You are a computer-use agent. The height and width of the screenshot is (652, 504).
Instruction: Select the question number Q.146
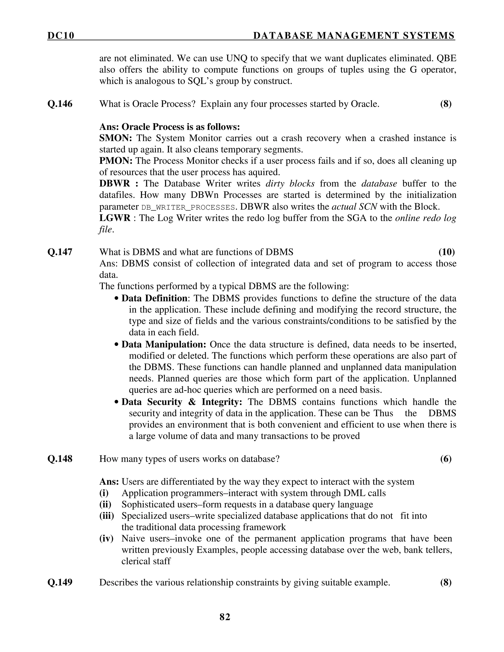point(60,104)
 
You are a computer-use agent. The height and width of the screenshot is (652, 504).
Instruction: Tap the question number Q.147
point(60,252)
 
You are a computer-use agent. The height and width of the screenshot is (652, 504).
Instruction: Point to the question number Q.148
point(60,459)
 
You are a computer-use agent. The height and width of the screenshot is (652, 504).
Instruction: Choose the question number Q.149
point(60,582)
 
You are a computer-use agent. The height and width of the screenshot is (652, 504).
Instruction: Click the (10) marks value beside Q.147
point(446,252)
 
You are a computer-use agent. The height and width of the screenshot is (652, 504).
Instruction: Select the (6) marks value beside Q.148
point(445,459)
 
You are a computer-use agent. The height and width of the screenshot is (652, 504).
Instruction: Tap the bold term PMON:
point(116,161)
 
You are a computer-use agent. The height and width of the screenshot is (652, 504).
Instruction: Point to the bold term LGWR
point(115,218)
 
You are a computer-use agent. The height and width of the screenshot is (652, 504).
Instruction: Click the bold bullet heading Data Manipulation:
point(164,344)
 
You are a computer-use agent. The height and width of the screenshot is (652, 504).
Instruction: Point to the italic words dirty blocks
point(290,184)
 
